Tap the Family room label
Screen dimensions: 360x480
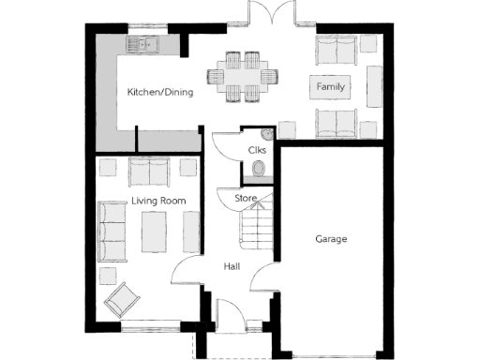point(330,87)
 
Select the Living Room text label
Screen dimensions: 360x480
point(158,201)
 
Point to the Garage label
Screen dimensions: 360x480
point(331,239)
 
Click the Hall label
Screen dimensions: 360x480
point(232,266)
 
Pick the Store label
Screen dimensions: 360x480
point(246,198)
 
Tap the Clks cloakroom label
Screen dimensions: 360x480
point(257,150)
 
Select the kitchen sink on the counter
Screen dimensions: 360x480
point(147,44)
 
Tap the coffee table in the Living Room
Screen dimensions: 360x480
point(154,230)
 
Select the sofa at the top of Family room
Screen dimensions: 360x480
point(337,50)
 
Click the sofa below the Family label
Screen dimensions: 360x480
point(337,123)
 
